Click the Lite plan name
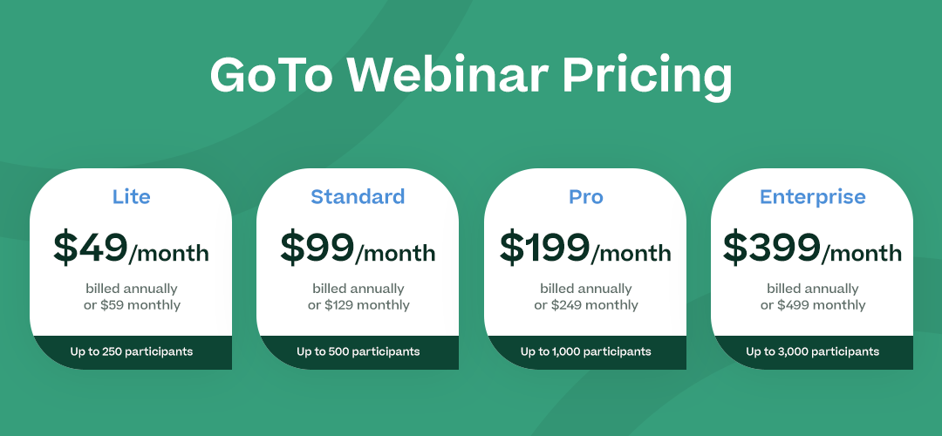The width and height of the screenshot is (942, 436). [x=131, y=196]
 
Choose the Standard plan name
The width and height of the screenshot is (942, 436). [x=358, y=196]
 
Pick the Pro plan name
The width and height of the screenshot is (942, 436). [x=586, y=196]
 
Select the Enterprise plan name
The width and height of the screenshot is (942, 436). [x=813, y=197]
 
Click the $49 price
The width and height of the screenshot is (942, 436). [x=91, y=248]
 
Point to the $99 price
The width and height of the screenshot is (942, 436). [x=317, y=248]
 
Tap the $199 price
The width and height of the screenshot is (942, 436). [x=545, y=248]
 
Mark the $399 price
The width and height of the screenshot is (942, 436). [x=772, y=248]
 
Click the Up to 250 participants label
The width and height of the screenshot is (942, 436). [x=132, y=351]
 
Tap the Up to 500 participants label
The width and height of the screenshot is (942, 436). [x=358, y=351]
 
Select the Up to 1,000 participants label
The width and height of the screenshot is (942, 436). [x=586, y=351]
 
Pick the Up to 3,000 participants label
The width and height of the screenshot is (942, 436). [x=813, y=351]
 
